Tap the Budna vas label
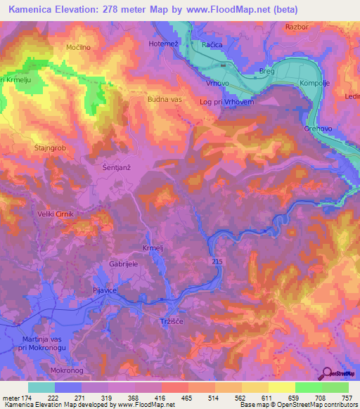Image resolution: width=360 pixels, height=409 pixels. tap(165, 100)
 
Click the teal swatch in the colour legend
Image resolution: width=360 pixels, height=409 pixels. tap(41, 387)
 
